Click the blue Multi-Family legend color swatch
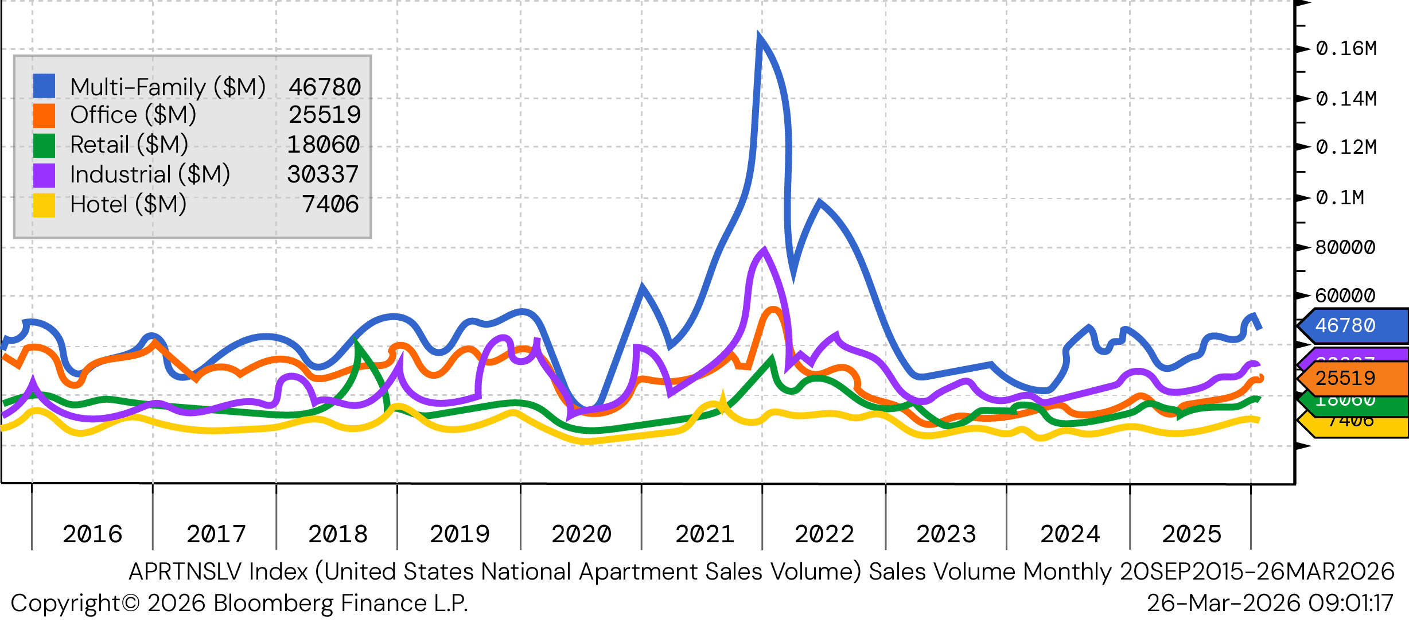click(x=44, y=86)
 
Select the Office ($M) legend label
click(x=133, y=115)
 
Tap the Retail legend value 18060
click(x=324, y=145)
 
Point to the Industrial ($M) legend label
click(x=150, y=174)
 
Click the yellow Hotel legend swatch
click(x=44, y=205)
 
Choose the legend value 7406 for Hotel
click(x=330, y=204)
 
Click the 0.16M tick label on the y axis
click(x=1346, y=49)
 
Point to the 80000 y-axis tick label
click(x=1345, y=247)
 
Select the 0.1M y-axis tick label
click(x=1340, y=197)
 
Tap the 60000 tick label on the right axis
click(x=1345, y=296)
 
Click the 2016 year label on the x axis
click(x=92, y=534)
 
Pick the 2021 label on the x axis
click(x=704, y=534)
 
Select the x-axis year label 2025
click(x=1192, y=534)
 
